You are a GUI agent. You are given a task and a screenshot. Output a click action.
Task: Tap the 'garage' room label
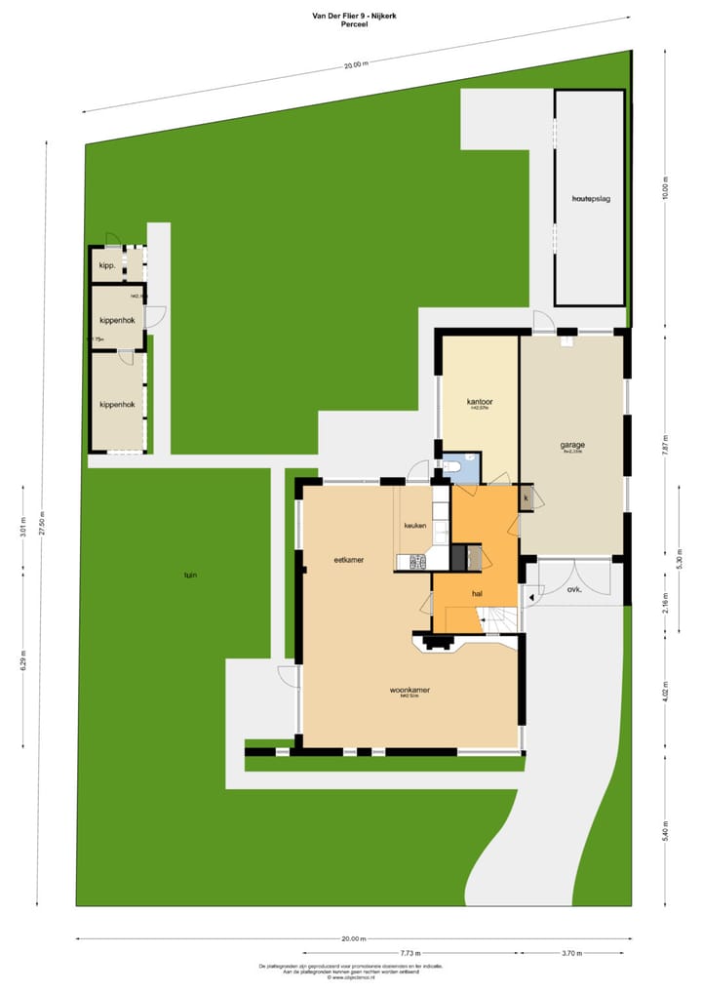pos(572,445)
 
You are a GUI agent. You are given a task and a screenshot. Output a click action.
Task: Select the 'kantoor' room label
pos(480,402)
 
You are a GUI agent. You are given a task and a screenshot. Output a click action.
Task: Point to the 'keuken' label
pos(416,526)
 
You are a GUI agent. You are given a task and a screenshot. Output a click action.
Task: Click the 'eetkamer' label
pos(348,560)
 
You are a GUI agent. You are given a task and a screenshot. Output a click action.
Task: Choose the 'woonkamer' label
pos(409,691)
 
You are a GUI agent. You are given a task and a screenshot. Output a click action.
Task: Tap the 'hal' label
pos(478,593)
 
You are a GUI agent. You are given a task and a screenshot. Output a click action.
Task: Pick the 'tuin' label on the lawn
pos(190,576)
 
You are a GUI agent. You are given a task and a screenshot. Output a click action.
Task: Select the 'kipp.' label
pos(107,265)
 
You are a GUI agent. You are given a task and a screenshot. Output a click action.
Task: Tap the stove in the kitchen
pos(417,562)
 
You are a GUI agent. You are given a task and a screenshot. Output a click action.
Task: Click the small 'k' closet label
pos(526,498)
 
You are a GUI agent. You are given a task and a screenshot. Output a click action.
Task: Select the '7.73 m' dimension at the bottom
pos(410,952)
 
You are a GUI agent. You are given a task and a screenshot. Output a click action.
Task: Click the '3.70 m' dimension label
pos(574,952)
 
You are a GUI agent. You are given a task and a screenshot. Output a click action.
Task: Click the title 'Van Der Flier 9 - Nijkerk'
pos(351,15)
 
